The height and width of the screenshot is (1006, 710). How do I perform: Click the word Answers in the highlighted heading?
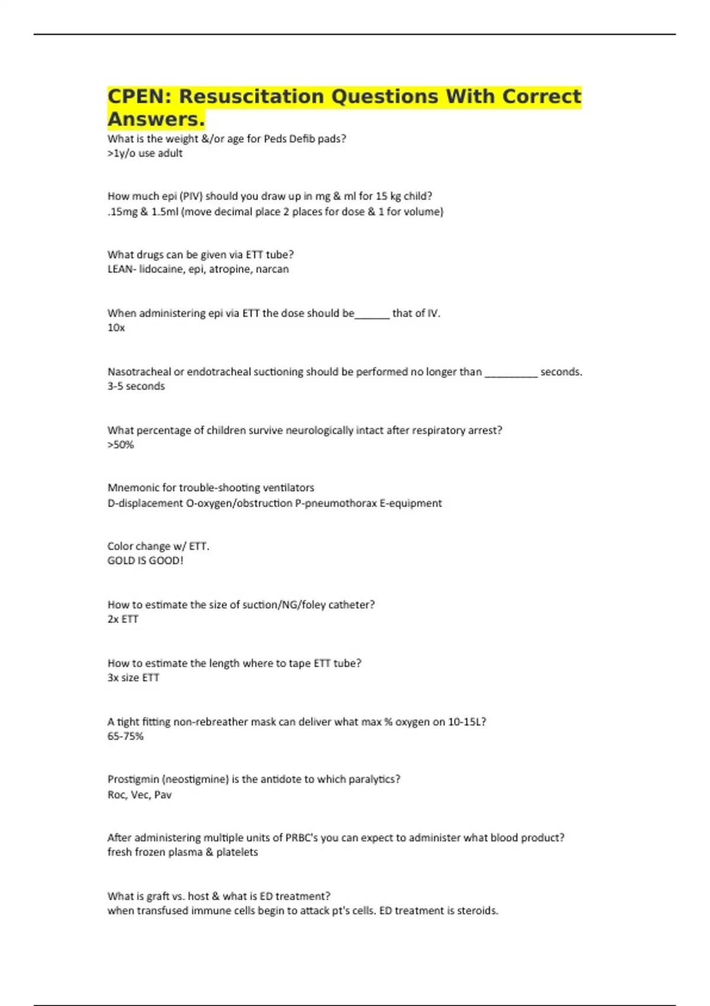pyautogui.click(x=155, y=119)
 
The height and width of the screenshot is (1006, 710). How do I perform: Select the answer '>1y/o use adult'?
pyautogui.click(x=145, y=153)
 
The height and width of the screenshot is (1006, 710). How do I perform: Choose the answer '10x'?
pyautogui.click(x=116, y=328)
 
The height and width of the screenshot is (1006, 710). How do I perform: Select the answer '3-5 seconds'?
pyautogui.click(x=136, y=386)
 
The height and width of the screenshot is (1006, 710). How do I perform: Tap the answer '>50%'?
pyautogui.click(x=121, y=445)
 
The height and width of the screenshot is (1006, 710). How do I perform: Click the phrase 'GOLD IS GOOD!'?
pyautogui.click(x=146, y=560)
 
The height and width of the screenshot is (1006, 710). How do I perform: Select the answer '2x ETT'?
pyautogui.click(x=122, y=619)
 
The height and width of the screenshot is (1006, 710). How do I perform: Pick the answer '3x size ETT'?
pyautogui.click(x=133, y=678)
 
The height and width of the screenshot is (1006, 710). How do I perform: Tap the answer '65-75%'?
pyautogui.click(x=125, y=736)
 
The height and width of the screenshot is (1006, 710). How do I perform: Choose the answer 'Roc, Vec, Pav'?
pyautogui.click(x=140, y=795)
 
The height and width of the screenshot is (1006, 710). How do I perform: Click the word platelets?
pyautogui.click(x=237, y=852)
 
